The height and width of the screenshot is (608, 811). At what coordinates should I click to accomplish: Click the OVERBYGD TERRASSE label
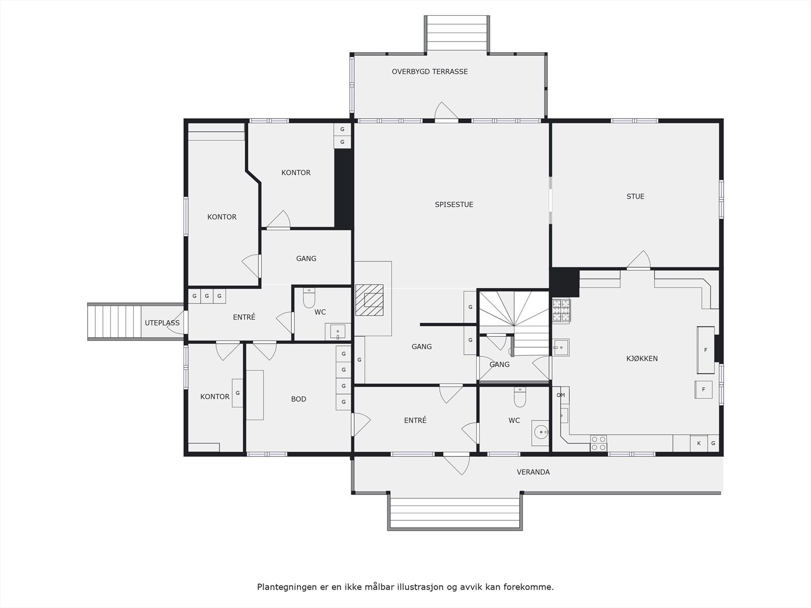[x=429, y=71]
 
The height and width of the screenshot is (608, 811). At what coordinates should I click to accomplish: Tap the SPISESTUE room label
[x=454, y=205]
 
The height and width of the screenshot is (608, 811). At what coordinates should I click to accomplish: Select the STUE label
[x=635, y=197]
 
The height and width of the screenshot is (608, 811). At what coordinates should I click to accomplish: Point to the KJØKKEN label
[x=642, y=359]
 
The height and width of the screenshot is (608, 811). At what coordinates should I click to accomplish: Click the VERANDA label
[x=533, y=472]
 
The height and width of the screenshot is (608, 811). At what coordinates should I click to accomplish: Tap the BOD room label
[x=299, y=399]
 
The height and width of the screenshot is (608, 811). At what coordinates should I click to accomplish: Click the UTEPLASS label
[x=162, y=323]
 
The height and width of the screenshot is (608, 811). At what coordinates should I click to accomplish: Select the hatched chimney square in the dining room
[x=370, y=300]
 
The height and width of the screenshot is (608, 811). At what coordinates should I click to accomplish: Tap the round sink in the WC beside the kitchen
[x=541, y=433]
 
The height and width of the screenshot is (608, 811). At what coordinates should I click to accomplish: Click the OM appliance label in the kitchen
[x=561, y=395]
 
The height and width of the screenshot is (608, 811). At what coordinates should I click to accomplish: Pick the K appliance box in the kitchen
[x=698, y=443]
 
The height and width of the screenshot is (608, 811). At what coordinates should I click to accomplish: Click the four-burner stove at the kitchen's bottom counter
[x=599, y=443]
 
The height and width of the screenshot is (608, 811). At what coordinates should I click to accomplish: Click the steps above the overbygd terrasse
[x=457, y=33]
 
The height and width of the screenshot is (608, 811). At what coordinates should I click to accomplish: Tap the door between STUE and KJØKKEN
[x=639, y=261]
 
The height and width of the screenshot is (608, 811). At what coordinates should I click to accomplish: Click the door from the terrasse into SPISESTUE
[x=446, y=112]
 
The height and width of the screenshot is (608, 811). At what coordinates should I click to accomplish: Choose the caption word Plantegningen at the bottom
[x=285, y=587]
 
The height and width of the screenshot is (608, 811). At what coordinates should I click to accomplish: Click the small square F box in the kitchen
[x=703, y=390]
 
